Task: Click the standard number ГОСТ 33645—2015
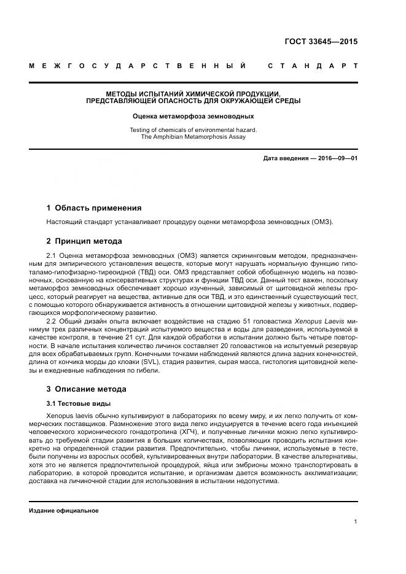[321, 42]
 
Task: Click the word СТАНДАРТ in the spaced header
[313, 66]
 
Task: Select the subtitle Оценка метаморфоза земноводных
[193, 115]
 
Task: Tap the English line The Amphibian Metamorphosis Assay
[193, 137]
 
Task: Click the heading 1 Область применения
[94, 207]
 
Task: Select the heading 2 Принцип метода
[84, 241]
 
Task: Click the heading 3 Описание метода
[87, 389]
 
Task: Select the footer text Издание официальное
[64, 510]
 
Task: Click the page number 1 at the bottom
[356, 521]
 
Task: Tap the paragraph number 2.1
[52, 255]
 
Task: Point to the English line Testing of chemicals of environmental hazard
[193, 130]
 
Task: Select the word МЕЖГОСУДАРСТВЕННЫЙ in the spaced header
[138, 66]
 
